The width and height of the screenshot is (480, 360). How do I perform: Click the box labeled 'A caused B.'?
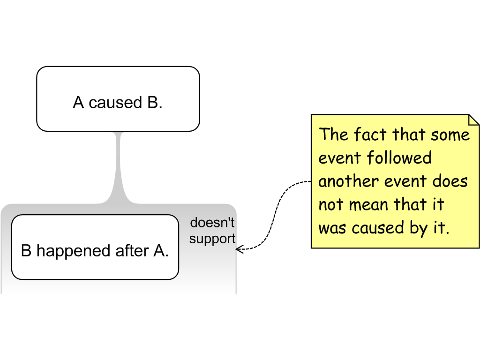118,99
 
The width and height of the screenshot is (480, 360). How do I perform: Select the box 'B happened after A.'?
95,247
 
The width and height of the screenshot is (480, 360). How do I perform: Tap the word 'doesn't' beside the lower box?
212,223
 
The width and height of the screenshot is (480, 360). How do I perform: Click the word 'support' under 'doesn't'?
212,239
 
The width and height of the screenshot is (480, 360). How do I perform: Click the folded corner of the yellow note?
473,120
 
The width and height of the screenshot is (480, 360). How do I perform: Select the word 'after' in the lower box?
132,251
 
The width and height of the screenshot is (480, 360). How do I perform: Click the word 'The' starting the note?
334,135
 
